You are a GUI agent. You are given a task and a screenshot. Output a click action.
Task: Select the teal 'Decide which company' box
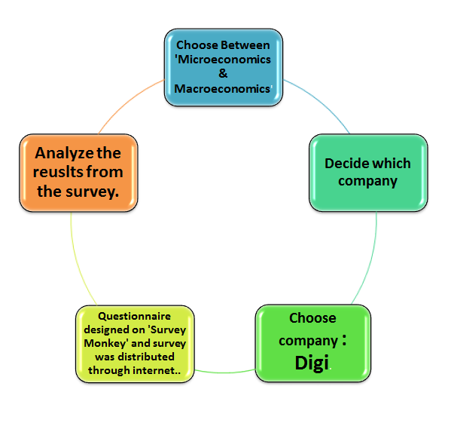tap(367, 172)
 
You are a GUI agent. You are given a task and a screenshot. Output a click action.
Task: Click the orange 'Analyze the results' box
tap(78, 173)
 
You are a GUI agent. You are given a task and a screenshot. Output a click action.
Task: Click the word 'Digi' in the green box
tap(312, 363)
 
